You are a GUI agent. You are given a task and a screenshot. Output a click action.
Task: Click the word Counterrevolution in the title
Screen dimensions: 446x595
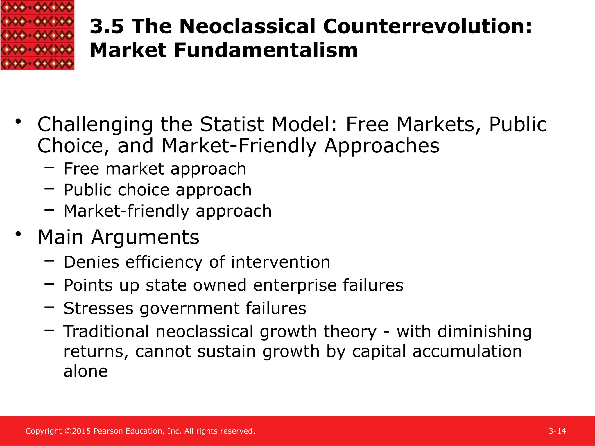(x=427, y=27)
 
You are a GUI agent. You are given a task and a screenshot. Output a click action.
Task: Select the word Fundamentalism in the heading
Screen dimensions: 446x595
(x=266, y=51)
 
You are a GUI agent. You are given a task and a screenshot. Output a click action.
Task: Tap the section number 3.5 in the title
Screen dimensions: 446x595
(x=107, y=27)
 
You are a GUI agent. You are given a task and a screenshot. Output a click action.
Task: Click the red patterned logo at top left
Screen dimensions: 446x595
(x=37, y=35)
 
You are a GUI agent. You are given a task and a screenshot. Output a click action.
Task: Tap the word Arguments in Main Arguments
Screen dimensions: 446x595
(x=145, y=238)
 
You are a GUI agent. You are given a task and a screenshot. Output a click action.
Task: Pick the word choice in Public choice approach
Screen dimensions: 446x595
(x=144, y=190)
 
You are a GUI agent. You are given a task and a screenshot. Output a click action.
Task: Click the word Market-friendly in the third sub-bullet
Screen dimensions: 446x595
(x=126, y=211)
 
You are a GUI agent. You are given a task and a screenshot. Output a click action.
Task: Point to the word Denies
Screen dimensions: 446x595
(x=91, y=262)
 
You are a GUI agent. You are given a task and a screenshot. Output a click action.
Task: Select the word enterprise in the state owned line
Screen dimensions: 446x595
(x=295, y=286)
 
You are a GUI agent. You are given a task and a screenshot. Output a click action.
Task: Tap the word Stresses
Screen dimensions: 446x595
(x=98, y=308)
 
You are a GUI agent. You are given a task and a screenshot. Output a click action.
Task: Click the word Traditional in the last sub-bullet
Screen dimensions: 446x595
(x=106, y=332)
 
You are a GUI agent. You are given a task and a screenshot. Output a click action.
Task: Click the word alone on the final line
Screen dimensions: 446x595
(x=86, y=371)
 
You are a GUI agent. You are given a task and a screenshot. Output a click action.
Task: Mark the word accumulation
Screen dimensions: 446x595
(x=467, y=351)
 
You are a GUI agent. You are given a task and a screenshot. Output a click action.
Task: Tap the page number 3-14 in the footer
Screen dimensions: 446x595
(x=557, y=431)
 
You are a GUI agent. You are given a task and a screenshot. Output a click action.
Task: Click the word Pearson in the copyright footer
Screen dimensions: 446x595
(x=108, y=431)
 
